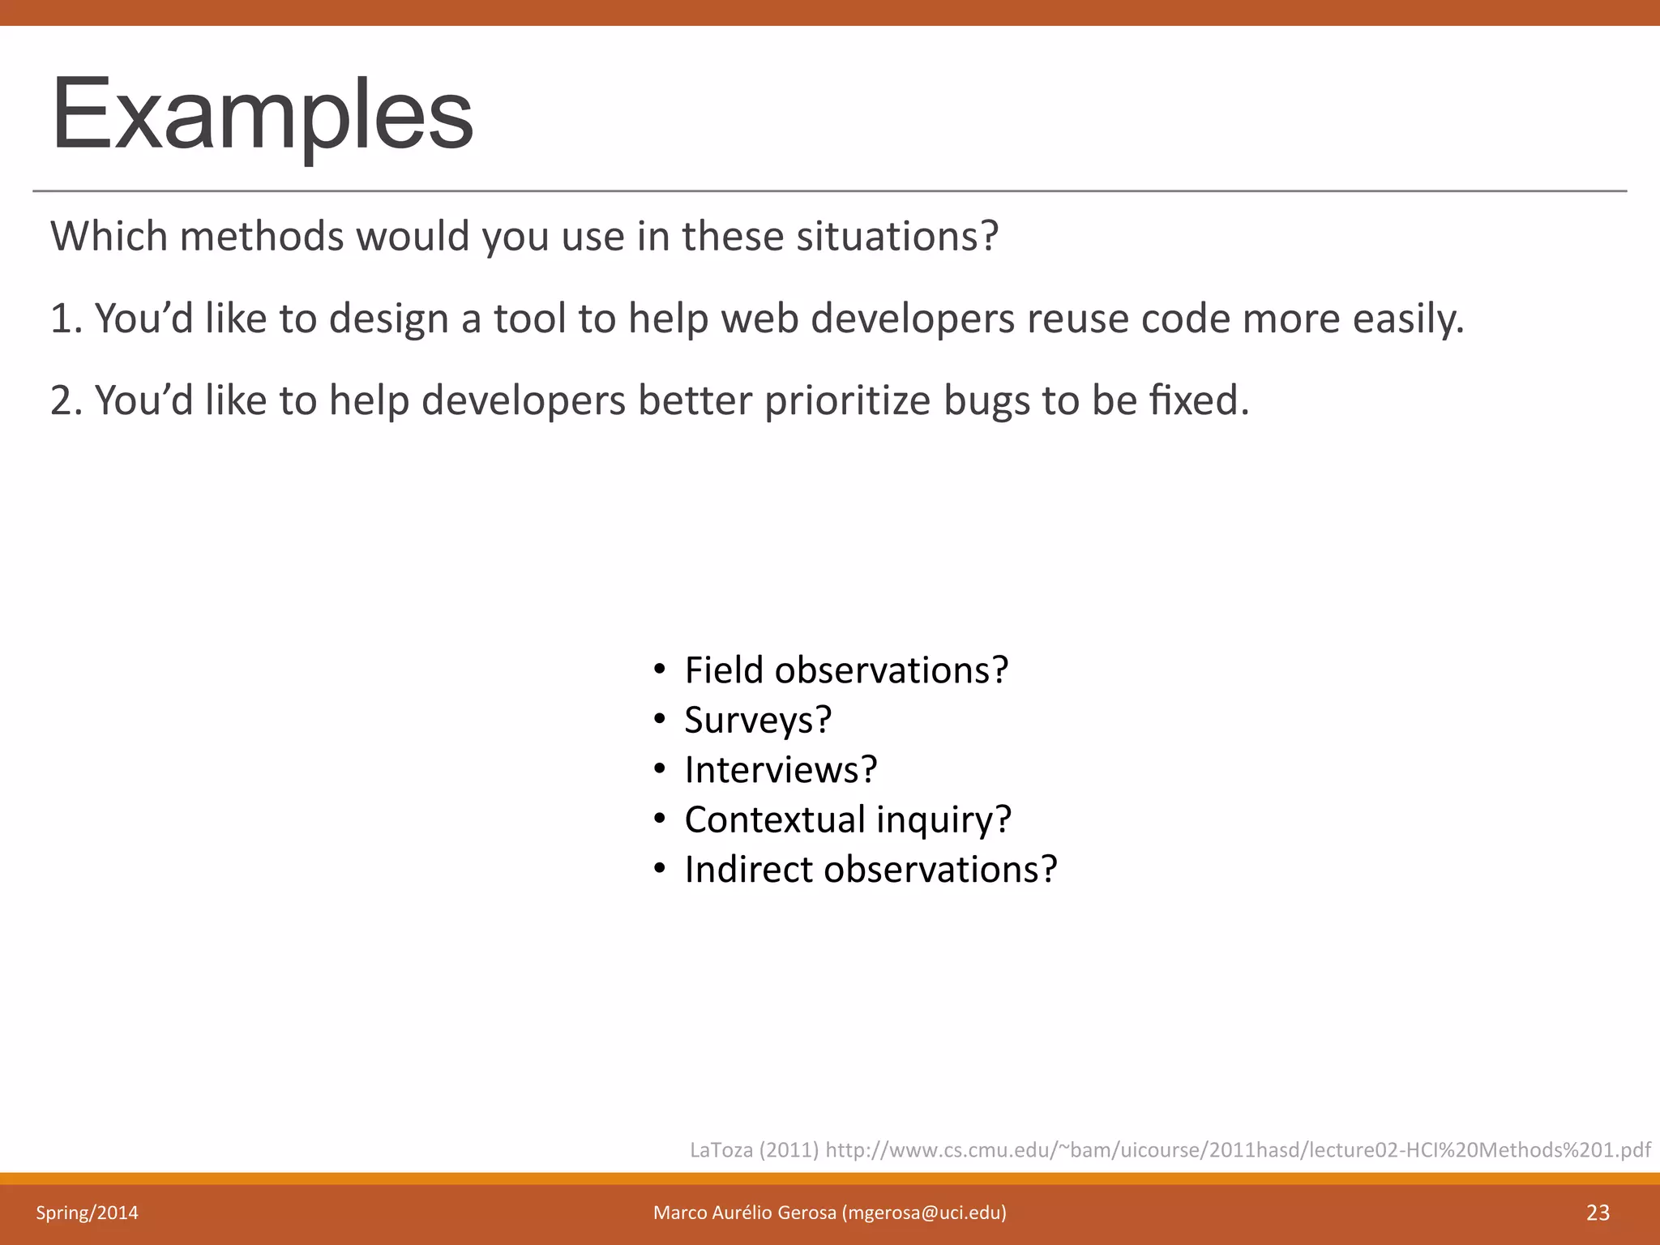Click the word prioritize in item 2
click(847, 400)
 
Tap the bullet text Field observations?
click(846, 671)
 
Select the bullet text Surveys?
click(758, 721)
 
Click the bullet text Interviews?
click(781, 770)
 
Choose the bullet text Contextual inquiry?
click(848, 819)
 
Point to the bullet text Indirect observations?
click(871, 870)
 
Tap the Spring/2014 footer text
click(87, 1213)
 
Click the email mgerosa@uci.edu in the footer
click(924, 1213)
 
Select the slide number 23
click(1598, 1213)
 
